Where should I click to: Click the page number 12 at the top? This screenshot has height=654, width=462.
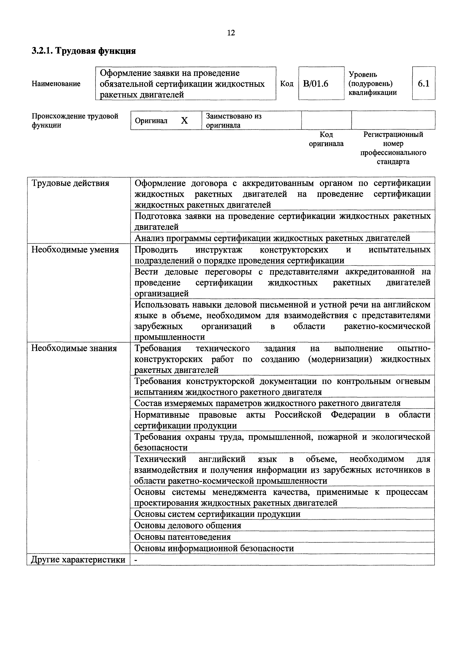(231, 33)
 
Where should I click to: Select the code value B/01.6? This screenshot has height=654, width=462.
(316, 84)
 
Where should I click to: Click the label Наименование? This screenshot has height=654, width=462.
(56, 84)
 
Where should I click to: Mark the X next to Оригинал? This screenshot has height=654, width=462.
(184, 121)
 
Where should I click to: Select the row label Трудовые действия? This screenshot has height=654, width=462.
(70, 183)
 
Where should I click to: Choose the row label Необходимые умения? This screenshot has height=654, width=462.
(75, 250)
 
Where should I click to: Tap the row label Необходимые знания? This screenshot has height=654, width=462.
(74, 348)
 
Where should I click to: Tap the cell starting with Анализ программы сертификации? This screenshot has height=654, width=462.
(272, 238)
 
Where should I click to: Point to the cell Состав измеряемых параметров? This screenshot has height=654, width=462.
(267, 403)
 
